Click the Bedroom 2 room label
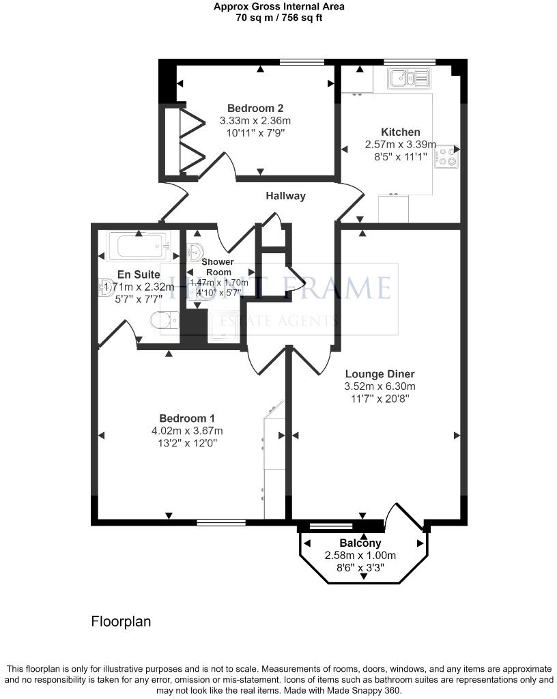(255, 108)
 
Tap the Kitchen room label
(400, 132)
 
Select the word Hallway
(285, 196)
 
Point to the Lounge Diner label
(380, 373)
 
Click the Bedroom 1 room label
(187, 418)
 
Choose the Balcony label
(362, 543)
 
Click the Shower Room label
(217, 266)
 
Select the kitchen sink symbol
(408, 79)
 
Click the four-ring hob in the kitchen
(446, 156)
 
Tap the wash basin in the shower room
(196, 251)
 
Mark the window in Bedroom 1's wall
(221, 523)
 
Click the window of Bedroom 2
(302, 62)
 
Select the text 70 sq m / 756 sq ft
(278, 18)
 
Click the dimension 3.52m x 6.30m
(380, 386)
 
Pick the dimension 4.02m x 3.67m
(187, 430)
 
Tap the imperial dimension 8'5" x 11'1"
(400, 156)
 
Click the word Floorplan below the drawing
(121, 621)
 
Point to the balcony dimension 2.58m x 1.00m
(362, 555)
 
